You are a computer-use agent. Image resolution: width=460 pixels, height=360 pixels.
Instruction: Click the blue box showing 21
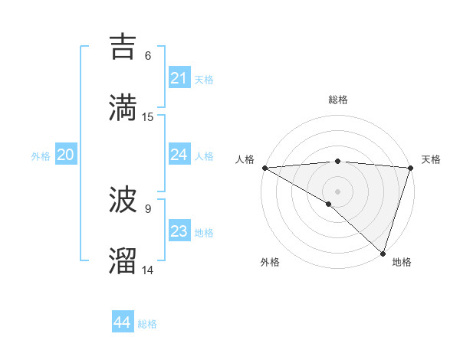(x=179, y=78)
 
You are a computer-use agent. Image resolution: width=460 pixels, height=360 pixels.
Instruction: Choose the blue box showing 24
(x=179, y=155)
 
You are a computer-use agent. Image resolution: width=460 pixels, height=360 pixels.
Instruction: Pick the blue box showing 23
(x=179, y=231)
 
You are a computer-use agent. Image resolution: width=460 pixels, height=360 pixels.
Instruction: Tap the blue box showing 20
(x=65, y=155)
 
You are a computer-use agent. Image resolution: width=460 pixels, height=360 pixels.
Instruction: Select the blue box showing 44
(x=123, y=322)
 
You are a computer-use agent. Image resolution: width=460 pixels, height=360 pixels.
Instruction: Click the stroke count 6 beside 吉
(x=148, y=55)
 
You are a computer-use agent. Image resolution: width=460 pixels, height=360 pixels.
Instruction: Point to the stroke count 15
(x=148, y=117)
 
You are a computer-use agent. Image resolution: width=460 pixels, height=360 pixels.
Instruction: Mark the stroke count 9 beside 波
(x=148, y=208)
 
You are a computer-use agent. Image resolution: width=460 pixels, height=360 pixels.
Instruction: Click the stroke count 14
(x=148, y=270)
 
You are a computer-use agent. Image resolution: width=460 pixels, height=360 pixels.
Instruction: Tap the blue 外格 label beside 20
(x=41, y=156)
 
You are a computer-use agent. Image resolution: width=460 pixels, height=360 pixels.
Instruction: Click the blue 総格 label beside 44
(x=147, y=324)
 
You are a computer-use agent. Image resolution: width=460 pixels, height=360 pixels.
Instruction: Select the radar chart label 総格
(x=337, y=100)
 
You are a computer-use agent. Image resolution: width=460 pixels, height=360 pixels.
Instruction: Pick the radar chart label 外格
(x=270, y=262)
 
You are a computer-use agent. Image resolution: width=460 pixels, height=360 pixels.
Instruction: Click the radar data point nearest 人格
(x=264, y=168)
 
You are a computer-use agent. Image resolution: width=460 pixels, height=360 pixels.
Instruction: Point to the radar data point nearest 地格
(x=383, y=253)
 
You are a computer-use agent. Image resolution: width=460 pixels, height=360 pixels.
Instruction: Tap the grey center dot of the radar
(x=337, y=191)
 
